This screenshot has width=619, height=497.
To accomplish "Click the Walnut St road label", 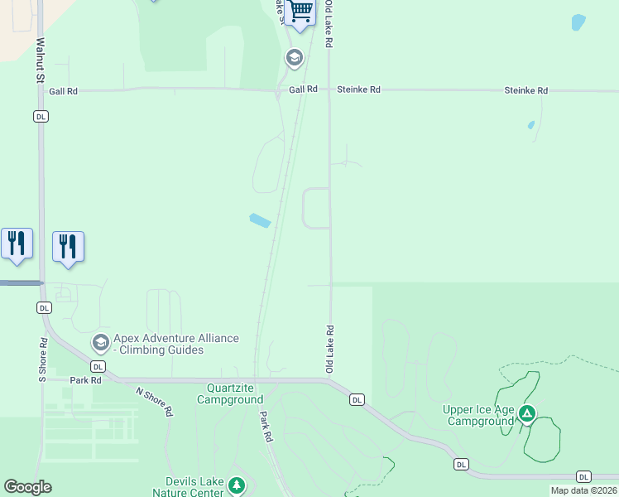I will (x=39, y=59).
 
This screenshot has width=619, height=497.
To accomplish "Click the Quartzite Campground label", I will (x=229, y=393).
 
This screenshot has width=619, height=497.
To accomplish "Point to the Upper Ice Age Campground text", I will (x=478, y=415).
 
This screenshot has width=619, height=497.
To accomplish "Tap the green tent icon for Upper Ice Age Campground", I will (x=527, y=413).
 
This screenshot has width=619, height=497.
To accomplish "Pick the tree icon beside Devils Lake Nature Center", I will (x=238, y=485).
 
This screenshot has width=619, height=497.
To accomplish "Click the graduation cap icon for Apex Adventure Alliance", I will (x=101, y=342).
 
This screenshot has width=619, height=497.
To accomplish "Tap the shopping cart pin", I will (x=301, y=11).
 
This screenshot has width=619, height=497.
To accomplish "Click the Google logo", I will (x=27, y=487).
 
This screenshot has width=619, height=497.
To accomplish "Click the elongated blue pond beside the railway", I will (x=260, y=220).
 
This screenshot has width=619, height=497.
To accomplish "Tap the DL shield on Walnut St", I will (x=41, y=117).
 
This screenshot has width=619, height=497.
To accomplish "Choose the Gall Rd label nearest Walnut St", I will (x=63, y=91).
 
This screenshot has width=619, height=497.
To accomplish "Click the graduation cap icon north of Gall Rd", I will (x=294, y=58).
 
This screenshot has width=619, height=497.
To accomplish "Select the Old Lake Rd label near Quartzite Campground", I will (x=329, y=348).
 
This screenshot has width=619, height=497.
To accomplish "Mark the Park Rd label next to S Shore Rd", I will (x=85, y=381).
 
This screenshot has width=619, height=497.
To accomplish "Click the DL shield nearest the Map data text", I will (x=584, y=477).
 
